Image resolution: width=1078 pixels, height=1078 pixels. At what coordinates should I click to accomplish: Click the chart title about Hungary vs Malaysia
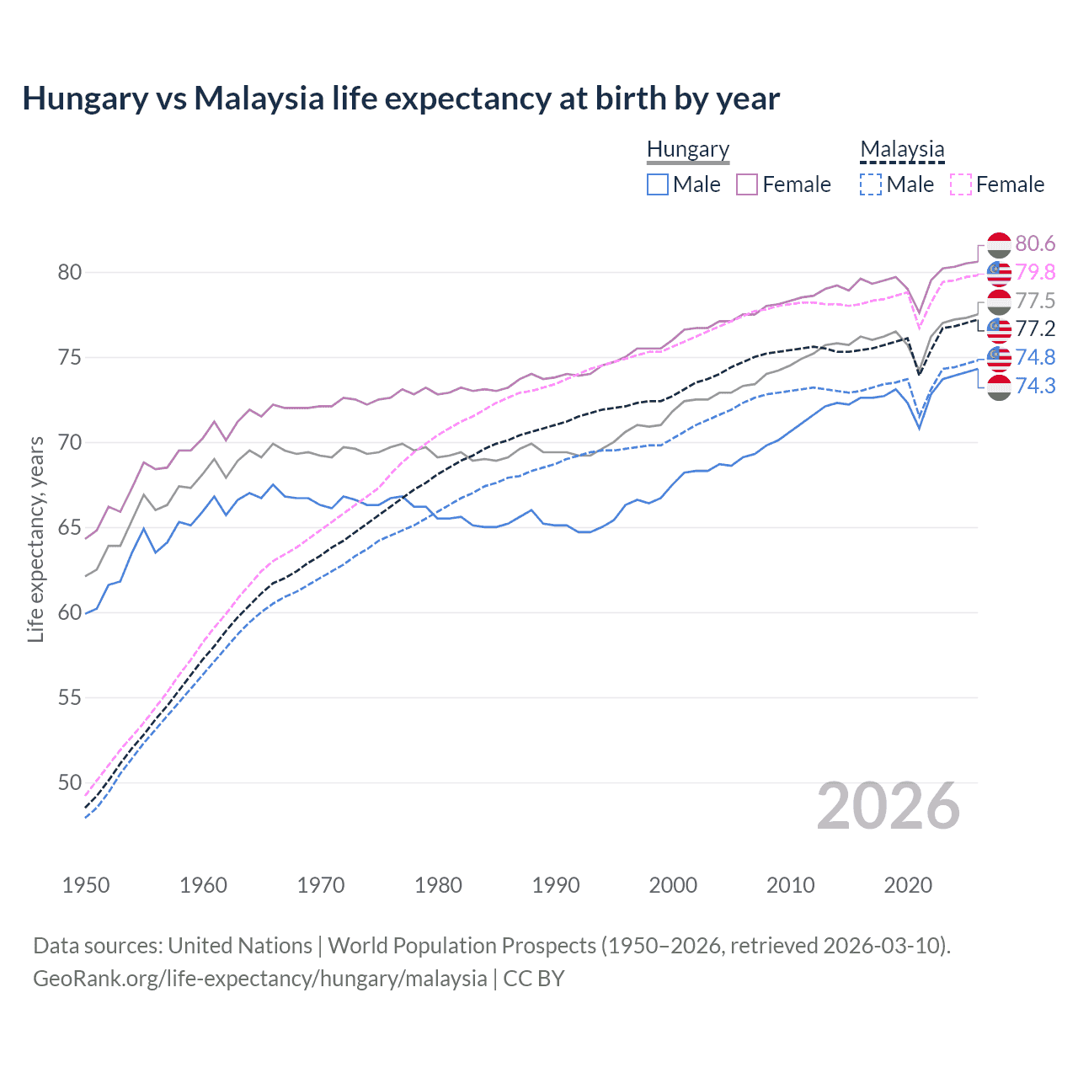pyautogui.click(x=401, y=99)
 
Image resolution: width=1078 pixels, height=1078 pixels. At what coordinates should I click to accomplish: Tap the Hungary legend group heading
pyautogui.click(x=688, y=150)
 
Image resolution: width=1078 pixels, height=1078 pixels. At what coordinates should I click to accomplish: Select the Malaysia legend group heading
pyautogui.click(x=902, y=150)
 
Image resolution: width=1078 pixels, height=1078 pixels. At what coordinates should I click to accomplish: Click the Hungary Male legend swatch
pyautogui.click(x=658, y=184)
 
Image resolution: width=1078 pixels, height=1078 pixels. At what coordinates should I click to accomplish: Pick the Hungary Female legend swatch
pyautogui.click(x=747, y=184)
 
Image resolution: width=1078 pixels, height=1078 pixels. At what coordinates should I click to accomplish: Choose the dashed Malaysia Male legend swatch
pyautogui.click(x=871, y=184)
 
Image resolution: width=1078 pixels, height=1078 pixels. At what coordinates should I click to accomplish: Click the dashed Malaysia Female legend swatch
pyautogui.click(x=960, y=184)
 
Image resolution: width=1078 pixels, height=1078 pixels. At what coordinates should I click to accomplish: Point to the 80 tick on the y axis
pyautogui.click(x=69, y=272)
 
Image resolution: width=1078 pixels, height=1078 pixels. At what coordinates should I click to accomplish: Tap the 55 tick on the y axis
pyautogui.click(x=69, y=697)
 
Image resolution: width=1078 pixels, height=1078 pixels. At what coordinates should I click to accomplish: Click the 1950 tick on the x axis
pyautogui.click(x=86, y=885)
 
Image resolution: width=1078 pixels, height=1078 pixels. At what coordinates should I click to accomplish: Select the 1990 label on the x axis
pyautogui.click(x=556, y=885)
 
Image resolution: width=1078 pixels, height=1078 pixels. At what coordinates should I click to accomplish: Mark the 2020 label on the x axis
pyautogui.click(x=908, y=885)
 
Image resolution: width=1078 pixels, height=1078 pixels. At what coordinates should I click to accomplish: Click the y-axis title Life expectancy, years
pyautogui.click(x=36, y=539)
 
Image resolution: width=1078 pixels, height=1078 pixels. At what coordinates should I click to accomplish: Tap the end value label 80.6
pyautogui.click(x=1035, y=244)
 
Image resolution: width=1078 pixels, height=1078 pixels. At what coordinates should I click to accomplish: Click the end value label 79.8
pyautogui.click(x=1035, y=272)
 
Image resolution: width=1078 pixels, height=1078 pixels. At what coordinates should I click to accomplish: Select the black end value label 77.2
pyautogui.click(x=1035, y=328)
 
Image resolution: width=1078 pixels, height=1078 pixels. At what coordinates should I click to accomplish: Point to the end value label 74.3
pyautogui.click(x=1035, y=386)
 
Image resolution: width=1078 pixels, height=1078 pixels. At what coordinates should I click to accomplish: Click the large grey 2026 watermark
pyautogui.click(x=889, y=806)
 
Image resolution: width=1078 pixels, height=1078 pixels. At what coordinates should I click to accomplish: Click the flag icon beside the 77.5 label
pyautogui.click(x=999, y=301)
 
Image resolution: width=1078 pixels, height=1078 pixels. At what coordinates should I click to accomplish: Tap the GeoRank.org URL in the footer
pyautogui.click(x=259, y=979)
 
